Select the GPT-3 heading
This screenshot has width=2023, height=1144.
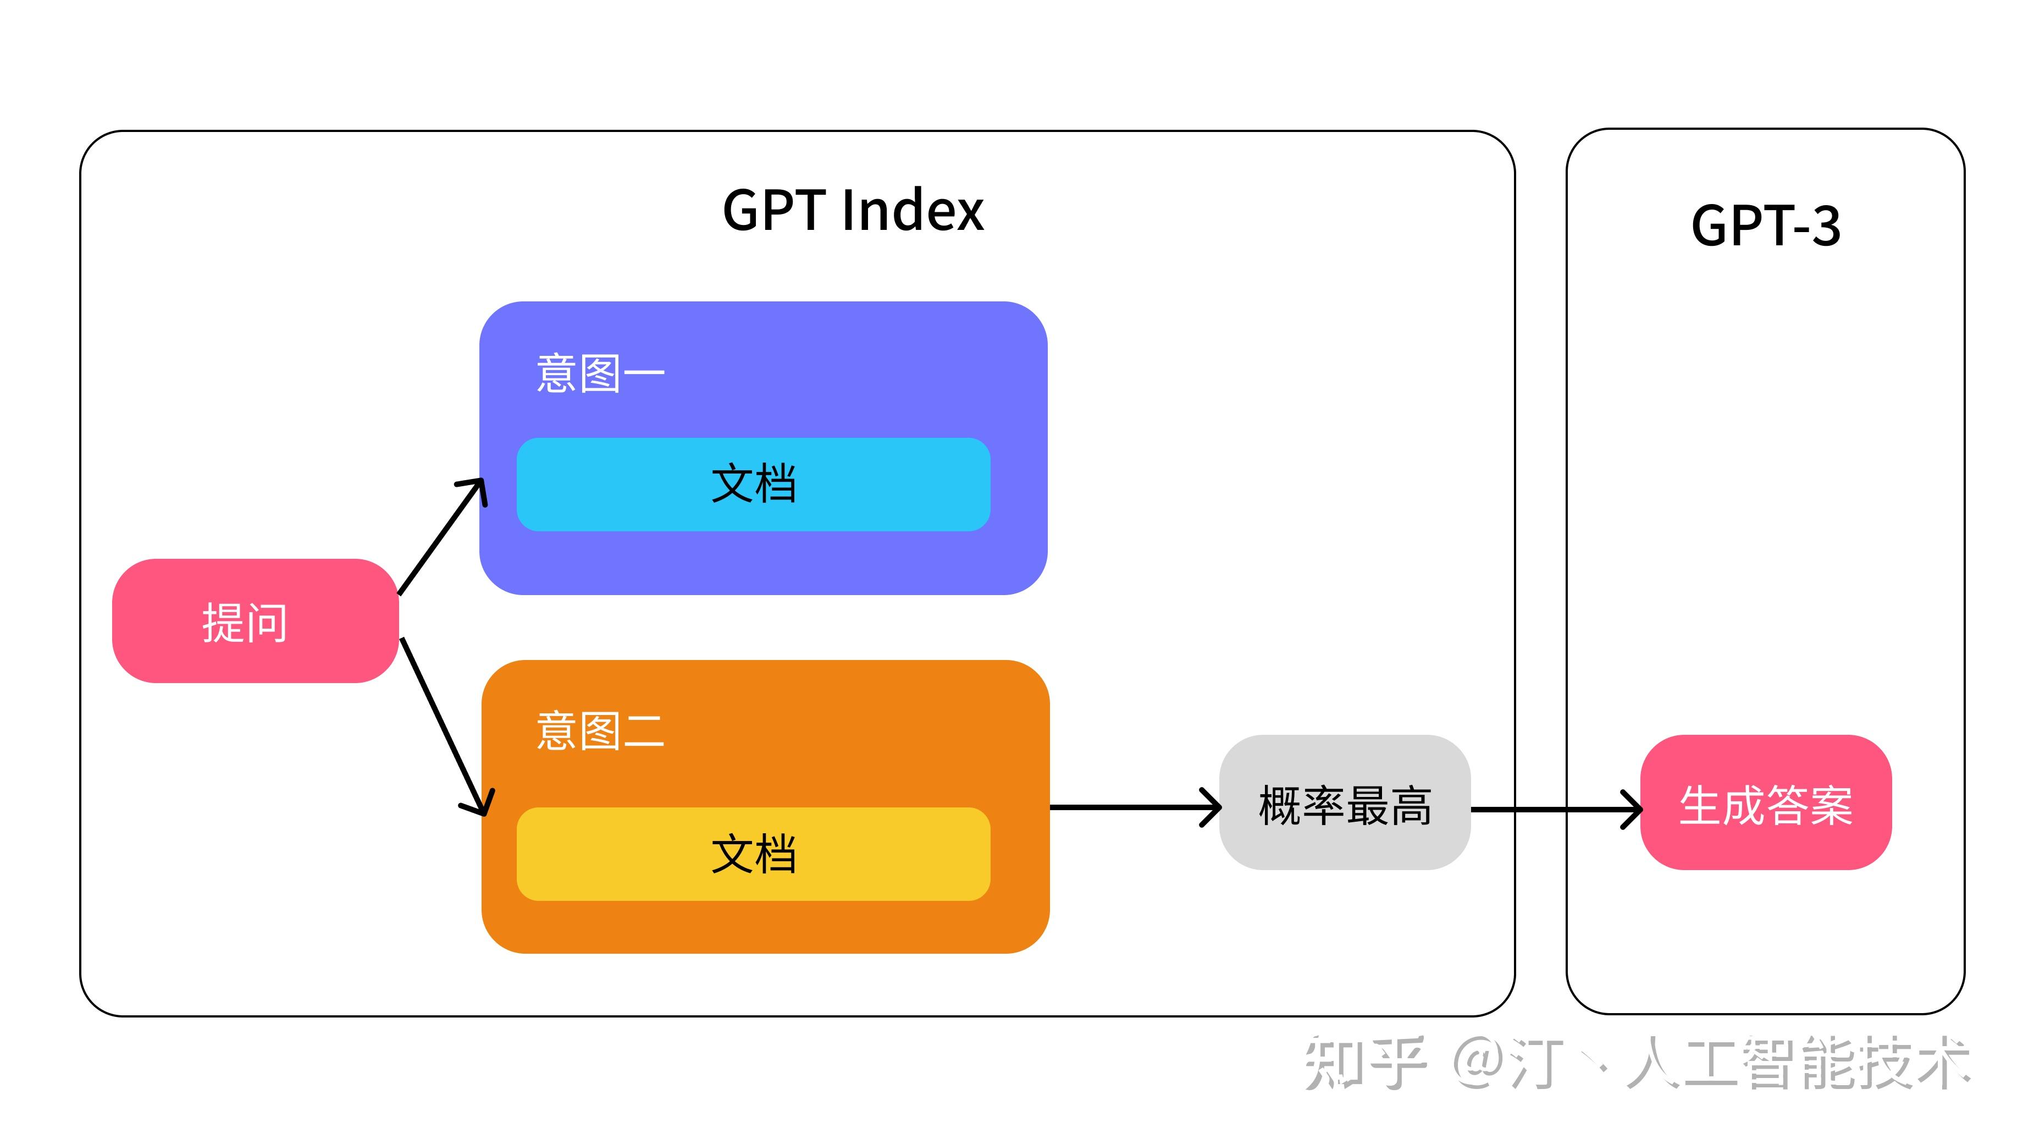pyautogui.click(x=1765, y=226)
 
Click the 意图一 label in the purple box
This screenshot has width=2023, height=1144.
pyautogui.click(x=600, y=373)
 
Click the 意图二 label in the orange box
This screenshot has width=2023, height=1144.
pyautogui.click(x=600, y=731)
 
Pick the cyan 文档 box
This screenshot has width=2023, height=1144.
pyautogui.click(x=753, y=484)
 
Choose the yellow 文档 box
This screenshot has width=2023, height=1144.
pyautogui.click(x=753, y=854)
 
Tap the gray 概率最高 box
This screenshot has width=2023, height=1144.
pyautogui.click(x=1345, y=803)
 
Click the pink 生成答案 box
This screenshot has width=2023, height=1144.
pyautogui.click(x=1765, y=803)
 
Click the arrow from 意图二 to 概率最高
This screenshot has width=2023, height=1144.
pyautogui.click(x=1131, y=807)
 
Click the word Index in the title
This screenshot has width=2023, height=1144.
pyautogui.click(x=913, y=211)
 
